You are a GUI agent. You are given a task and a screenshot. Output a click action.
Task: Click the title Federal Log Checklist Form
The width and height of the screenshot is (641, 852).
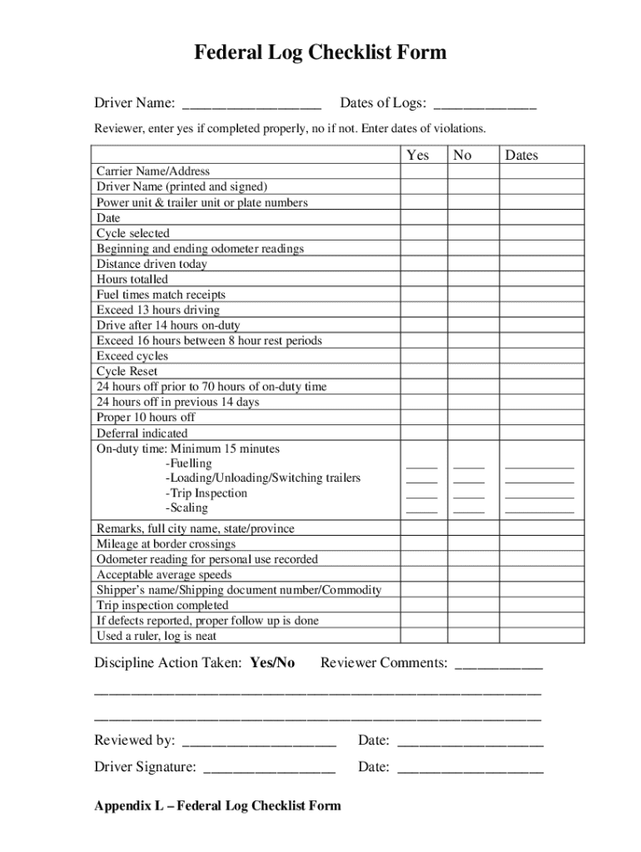pos(320,53)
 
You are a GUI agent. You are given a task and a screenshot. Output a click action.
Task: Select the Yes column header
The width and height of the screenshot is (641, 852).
pos(418,156)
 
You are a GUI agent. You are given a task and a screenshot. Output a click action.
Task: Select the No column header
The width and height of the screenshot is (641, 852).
pos(462,156)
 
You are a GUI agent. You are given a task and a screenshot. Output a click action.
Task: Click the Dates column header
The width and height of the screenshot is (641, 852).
pos(522,156)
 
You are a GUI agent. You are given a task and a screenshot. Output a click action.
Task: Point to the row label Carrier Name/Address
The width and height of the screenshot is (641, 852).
pos(153,171)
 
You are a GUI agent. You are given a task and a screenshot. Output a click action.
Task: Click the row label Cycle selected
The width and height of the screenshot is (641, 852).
pos(132,234)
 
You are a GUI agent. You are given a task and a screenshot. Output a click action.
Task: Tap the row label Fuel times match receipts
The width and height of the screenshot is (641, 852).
pos(161,295)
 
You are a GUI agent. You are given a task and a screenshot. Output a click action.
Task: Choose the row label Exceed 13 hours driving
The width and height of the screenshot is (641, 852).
pos(158,310)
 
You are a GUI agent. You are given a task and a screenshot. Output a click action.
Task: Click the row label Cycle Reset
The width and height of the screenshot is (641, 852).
pos(127,372)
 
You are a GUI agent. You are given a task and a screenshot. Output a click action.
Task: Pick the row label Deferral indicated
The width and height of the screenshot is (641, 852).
pos(142,433)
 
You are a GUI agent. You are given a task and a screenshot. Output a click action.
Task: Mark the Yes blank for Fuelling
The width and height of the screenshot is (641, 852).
pos(421,466)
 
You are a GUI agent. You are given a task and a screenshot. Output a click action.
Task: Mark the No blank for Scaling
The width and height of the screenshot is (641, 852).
pos(469,511)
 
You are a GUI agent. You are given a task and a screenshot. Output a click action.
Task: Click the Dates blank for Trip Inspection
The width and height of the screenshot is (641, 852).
pos(539,496)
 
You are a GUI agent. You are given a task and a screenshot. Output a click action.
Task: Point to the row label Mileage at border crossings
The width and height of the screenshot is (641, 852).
pos(166,544)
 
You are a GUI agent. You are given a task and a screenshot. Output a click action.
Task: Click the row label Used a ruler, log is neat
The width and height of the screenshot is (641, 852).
pos(157,637)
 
